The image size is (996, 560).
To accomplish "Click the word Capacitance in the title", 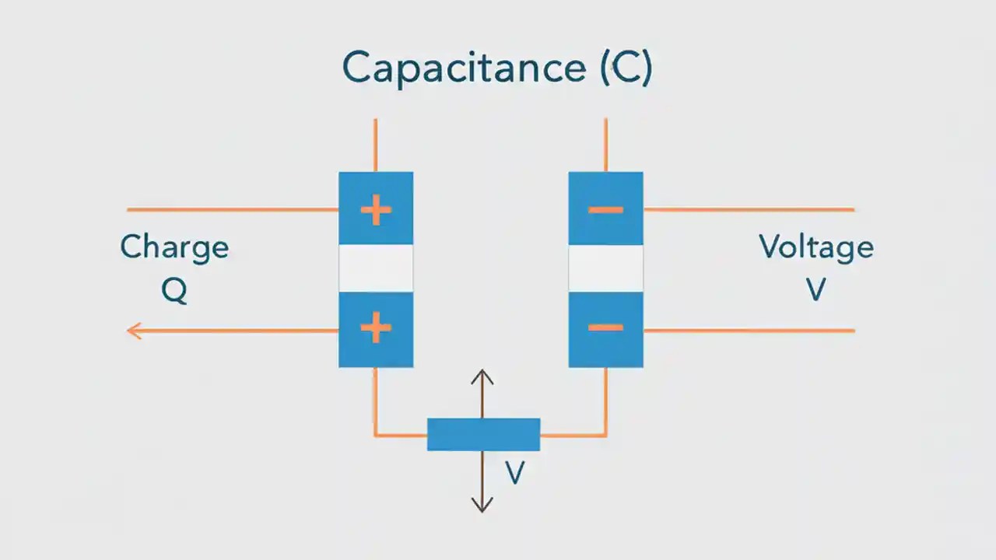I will (463, 68).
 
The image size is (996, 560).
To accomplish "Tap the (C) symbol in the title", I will (626, 68).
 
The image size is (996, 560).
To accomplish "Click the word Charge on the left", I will (174, 247).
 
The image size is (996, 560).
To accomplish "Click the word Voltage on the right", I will (815, 247).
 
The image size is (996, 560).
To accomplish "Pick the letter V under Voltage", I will (815, 290).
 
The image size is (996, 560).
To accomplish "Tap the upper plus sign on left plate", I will (376, 210).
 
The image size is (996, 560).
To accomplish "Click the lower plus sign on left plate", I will (376, 329).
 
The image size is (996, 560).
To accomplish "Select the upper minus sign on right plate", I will (605, 210).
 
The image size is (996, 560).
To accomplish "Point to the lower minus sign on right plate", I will (605, 328).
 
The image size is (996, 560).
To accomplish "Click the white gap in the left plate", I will (376, 268).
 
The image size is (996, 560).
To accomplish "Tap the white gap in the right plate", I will (605, 268).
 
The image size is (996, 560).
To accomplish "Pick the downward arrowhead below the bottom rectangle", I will (482, 506).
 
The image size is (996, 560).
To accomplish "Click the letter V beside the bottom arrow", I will (514, 473).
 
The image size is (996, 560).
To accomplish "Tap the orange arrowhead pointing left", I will (134, 331).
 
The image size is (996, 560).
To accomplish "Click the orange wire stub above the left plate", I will (376, 145).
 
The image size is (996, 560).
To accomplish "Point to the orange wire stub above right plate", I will (605, 145).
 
